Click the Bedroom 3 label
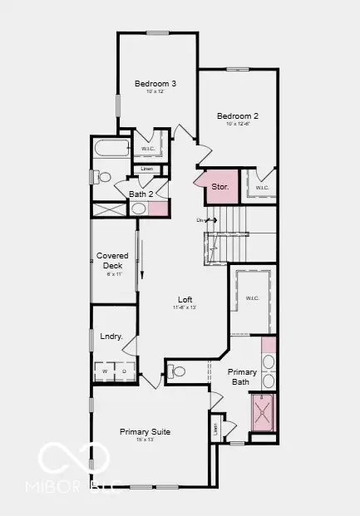(x=155, y=83)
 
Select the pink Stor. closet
(x=219, y=187)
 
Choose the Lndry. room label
(x=111, y=337)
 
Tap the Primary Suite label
(x=145, y=431)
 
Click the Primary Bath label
(x=244, y=377)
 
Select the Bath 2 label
(x=141, y=194)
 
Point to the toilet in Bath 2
(x=103, y=177)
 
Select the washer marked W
(x=106, y=371)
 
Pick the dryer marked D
(x=126, y=371)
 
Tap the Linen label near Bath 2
(x=147, y=170)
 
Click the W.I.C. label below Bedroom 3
(x=148, y=149)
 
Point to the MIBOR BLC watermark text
(x=81, y=487)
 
